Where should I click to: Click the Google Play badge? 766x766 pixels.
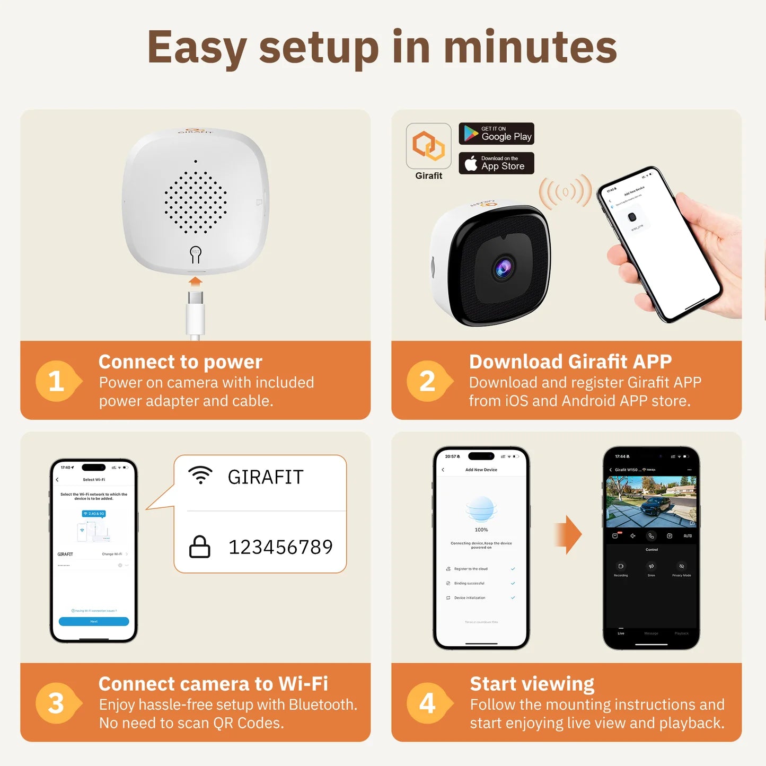tap(496, 134)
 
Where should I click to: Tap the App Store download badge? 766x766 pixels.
tap(496, 163)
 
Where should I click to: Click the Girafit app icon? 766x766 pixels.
tap(428, 146)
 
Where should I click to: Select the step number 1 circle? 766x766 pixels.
tap(56, 381)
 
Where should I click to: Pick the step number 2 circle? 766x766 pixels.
tap(427, 381)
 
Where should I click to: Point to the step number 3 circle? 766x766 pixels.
tap(56, 703)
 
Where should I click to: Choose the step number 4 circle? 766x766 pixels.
tap(427, 703)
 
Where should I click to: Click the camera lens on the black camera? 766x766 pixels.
tap(503, 268)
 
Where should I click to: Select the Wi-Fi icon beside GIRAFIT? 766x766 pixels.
tap(200, 475)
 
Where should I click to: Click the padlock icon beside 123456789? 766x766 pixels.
tap(200, 547)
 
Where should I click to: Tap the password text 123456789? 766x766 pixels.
tap(280, 547)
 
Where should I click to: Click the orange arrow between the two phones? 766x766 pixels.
tap(568, 534)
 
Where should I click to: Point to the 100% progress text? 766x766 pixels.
tap(481, 530)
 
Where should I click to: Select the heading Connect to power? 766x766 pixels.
tap(180, 362)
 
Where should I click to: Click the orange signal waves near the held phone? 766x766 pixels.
tap(565, 191)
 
